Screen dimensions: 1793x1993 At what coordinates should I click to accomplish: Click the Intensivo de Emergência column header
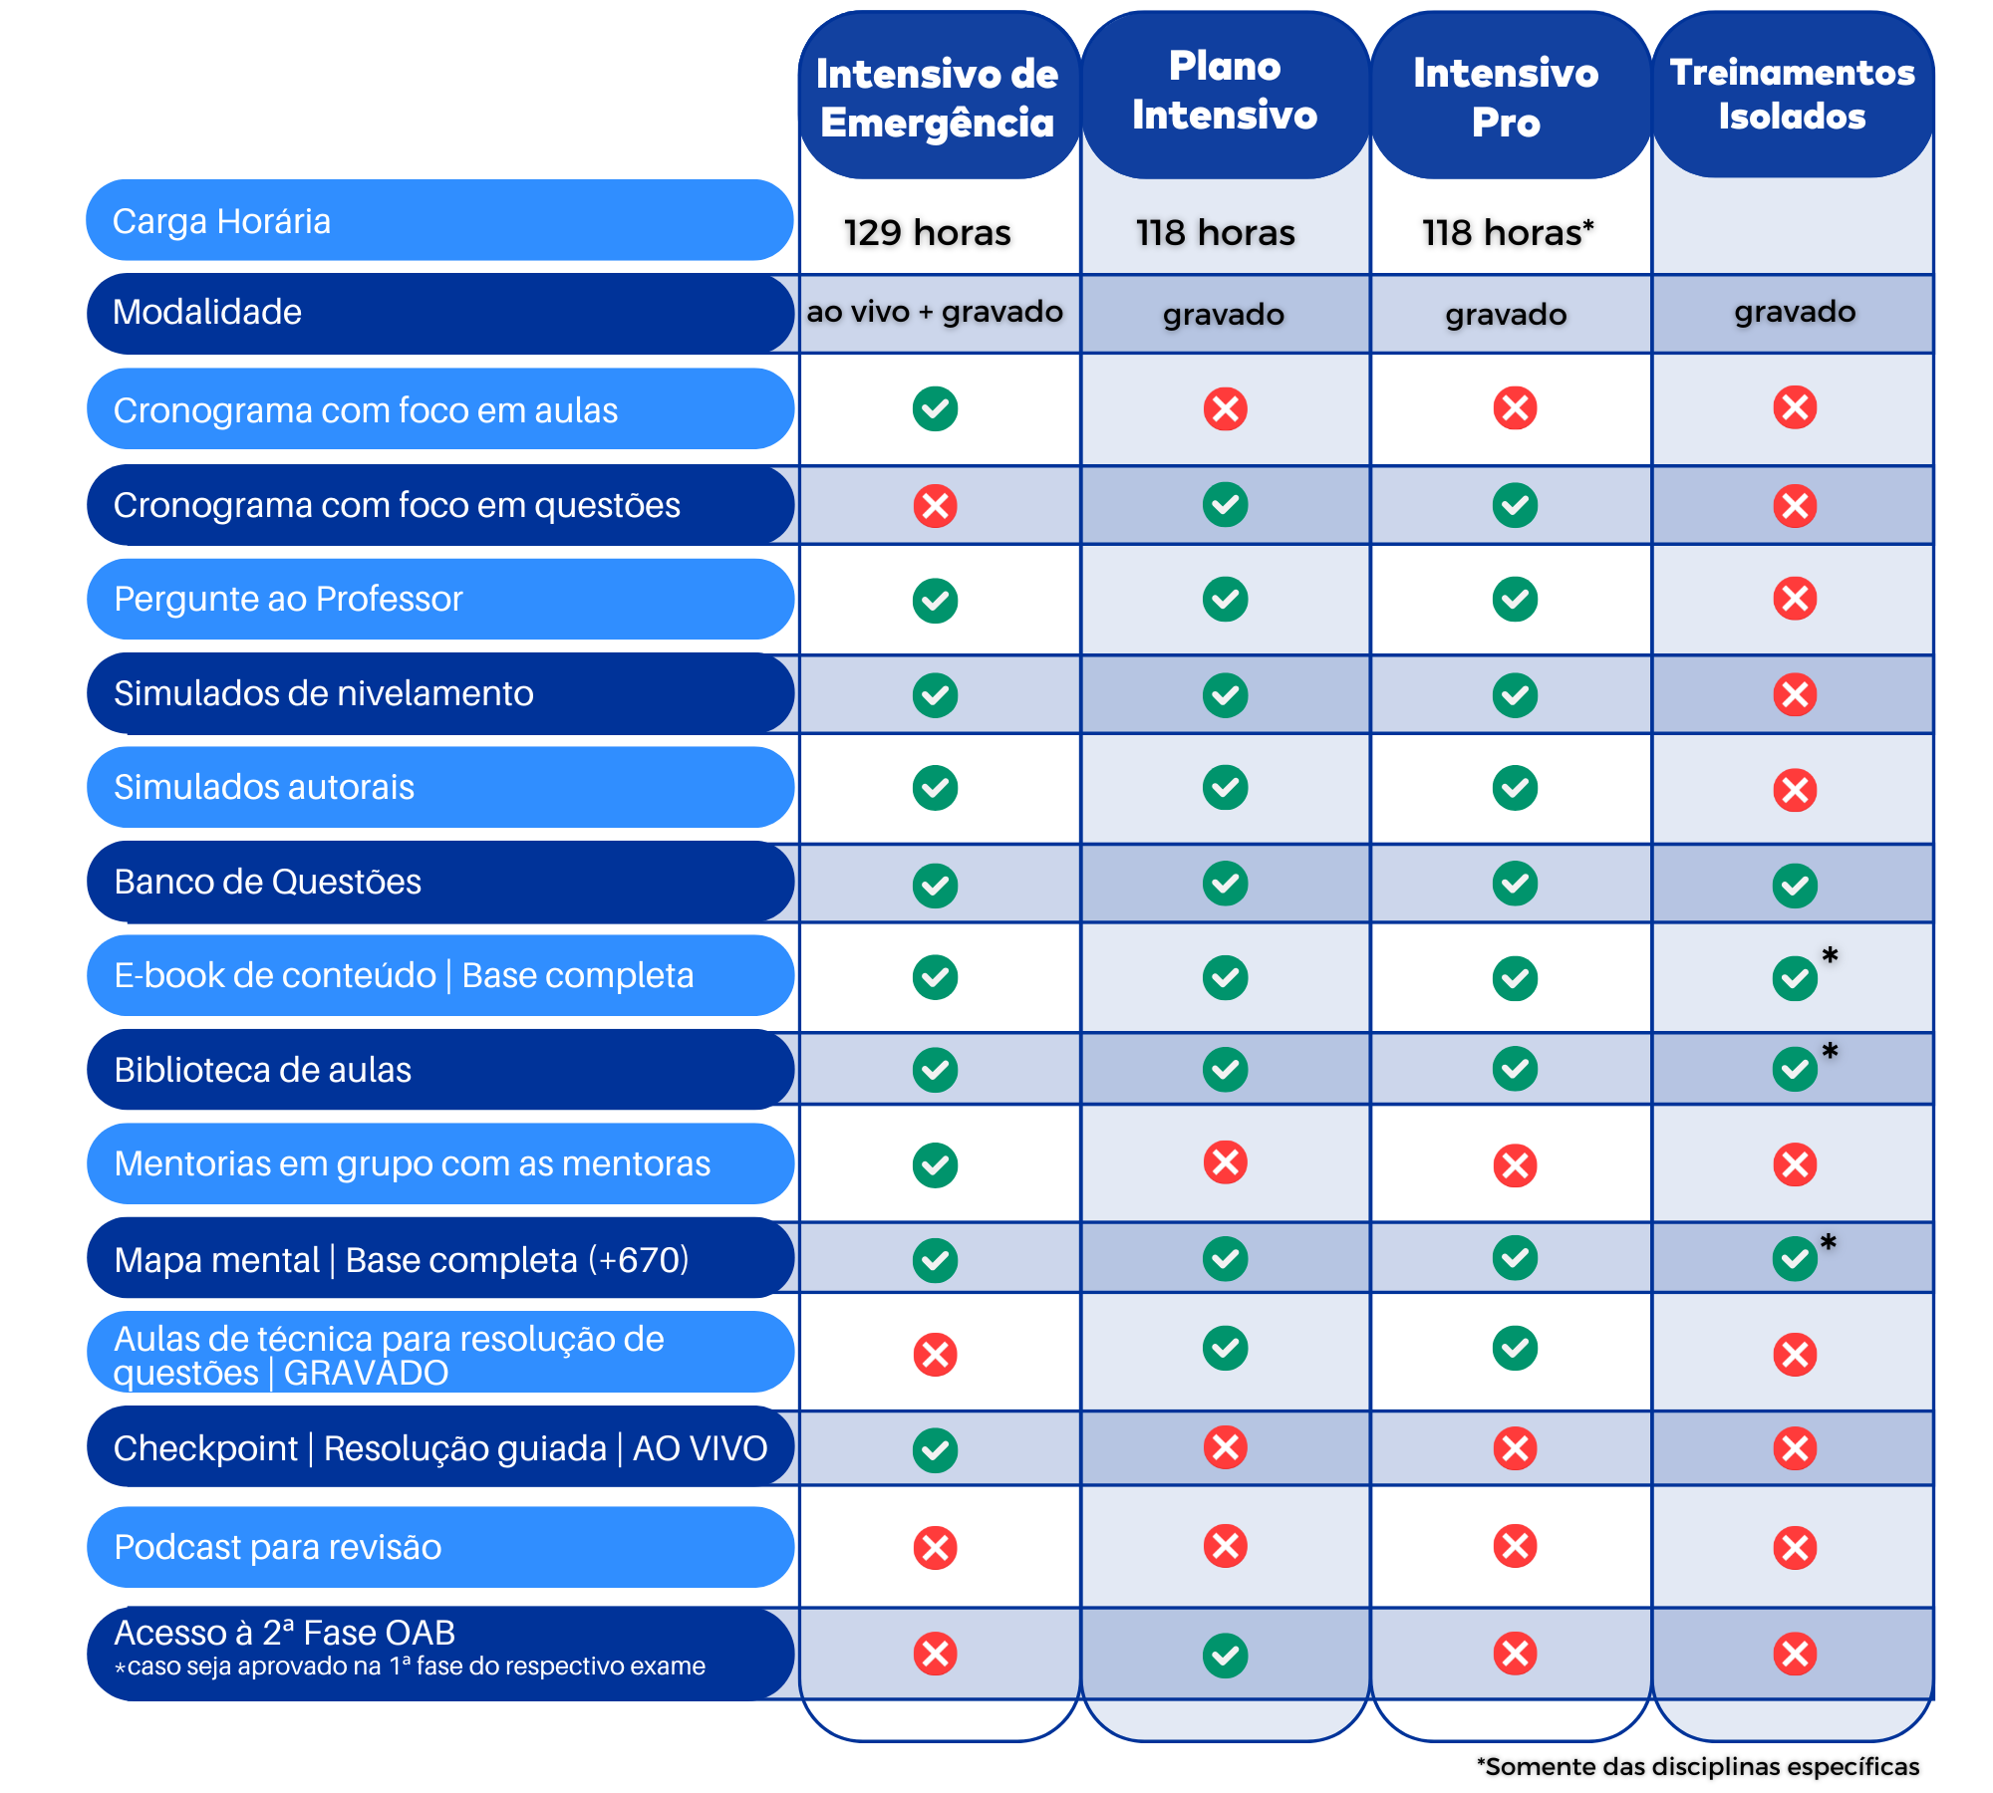point(937,98)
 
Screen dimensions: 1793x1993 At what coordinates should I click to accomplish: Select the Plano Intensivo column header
point(1225,92)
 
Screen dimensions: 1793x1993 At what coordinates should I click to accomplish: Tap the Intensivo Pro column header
point(1506,98)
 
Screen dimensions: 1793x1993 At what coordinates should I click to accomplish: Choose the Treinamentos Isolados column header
point(1793,95)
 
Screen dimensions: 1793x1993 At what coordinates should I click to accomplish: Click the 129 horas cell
point(927,233)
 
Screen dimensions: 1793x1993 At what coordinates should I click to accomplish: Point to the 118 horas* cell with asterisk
point(1508,233)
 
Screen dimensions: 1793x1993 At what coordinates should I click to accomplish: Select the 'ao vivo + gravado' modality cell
point(935,312)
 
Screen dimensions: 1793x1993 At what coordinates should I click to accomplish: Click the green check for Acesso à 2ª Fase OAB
point(1225,1656)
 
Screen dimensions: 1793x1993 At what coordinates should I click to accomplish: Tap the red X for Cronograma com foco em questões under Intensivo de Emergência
point(935,506)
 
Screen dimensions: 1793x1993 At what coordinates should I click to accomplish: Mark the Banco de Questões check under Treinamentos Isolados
point(1795,886)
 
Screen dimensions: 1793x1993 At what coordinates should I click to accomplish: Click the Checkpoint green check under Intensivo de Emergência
point(935,1450)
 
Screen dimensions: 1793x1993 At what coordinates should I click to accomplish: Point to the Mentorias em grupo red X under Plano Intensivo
point(1225,1162)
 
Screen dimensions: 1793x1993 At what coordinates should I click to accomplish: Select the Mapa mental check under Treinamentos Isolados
point(1795,1259)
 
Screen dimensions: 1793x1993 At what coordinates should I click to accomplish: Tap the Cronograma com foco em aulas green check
point(935,408)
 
